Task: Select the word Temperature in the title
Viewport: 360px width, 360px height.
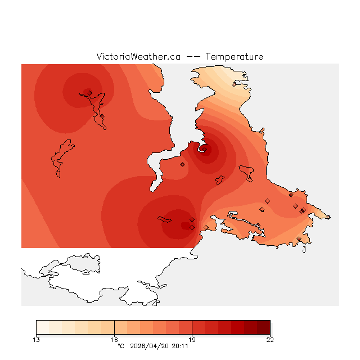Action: pos(234,57)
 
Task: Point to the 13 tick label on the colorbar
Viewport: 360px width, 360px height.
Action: pos(37,339)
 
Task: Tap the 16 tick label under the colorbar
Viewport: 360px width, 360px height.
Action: pos(114,339)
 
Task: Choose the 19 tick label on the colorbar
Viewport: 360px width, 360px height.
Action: pos(192,339)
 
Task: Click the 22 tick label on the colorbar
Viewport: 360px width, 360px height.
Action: pos(270,339)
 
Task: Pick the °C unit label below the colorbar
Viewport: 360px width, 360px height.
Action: pos(120,346)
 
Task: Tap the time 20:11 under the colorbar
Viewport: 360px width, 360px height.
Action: pos(179,346)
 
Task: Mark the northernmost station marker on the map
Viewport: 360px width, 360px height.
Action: pos(235,84)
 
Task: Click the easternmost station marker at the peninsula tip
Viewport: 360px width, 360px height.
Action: pos(328,217)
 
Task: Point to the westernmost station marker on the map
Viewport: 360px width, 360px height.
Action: pos(90,93)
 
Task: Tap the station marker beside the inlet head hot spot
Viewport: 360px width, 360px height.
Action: pos(204,149)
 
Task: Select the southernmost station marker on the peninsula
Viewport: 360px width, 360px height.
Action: pos(299,239)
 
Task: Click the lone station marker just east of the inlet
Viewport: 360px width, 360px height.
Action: pos(182,164)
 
